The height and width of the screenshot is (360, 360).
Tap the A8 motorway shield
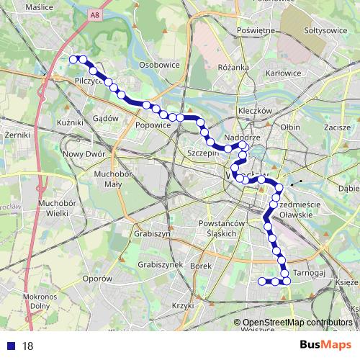point(96,14)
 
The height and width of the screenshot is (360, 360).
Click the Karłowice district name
point(283,73)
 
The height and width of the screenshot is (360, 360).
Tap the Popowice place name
point(153,125)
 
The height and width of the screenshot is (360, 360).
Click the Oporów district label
point(98,278)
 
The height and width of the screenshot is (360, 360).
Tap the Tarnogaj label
point(311,274)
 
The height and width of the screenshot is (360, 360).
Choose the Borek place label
point(201,266)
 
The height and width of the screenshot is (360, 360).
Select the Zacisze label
point(336,127)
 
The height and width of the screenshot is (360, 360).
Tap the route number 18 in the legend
point(28,346)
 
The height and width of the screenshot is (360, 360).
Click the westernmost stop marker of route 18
point(73,59)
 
